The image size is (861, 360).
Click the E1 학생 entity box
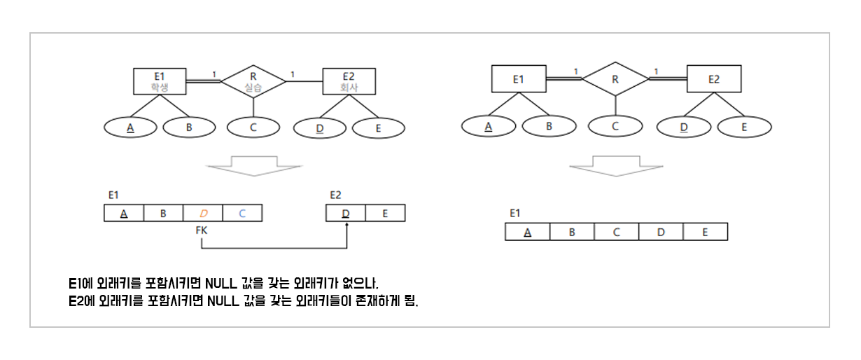[160, 81]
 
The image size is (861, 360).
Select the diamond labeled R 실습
[253, 81]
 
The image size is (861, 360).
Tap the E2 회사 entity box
[349, 81]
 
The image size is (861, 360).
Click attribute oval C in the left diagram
[253, 127]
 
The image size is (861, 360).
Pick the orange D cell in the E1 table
[203, 213]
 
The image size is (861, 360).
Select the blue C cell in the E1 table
[242, 213]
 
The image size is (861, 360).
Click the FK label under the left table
[202, 230]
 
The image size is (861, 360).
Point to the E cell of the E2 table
[385, 213]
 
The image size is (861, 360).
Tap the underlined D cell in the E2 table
[346, 213]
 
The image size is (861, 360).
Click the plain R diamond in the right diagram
[615, 79]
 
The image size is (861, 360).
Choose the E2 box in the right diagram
[713, 79]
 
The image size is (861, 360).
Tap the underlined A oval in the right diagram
[489, 127]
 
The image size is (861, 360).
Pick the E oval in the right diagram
[744, 127]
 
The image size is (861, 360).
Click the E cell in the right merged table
[706, 232]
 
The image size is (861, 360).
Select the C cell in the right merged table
[616, 232]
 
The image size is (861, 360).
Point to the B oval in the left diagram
[189, 127]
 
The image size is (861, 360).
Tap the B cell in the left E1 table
[163, 213]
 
